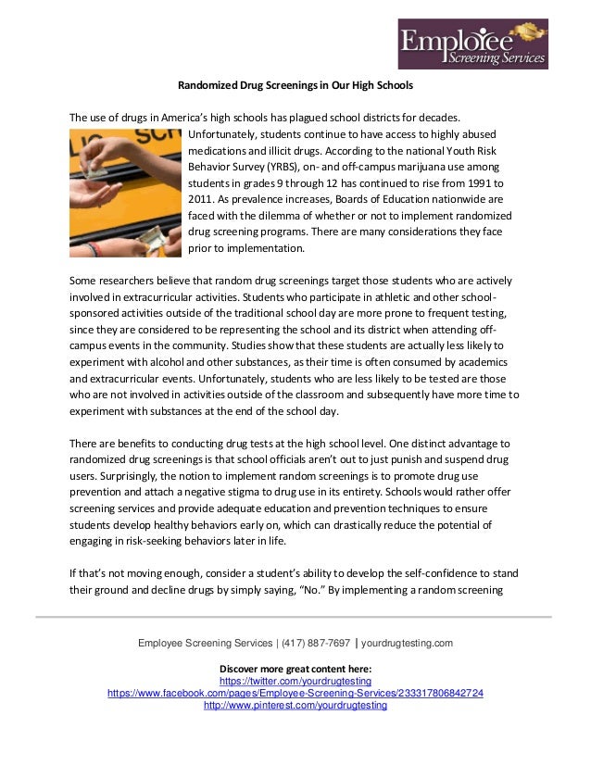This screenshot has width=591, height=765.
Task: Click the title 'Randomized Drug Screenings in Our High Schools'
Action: (295, 86)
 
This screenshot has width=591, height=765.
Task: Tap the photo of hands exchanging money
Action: (125, 193)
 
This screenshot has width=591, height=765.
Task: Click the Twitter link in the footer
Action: (295, 680)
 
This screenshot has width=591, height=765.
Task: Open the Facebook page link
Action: (295, 692)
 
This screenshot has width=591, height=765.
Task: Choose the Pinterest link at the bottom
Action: (295, 705)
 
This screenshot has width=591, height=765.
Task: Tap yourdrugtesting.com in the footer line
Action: (407, 643)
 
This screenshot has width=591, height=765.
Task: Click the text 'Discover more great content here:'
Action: (295, 668)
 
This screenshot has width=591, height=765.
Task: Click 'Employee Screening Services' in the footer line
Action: (199, 643)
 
